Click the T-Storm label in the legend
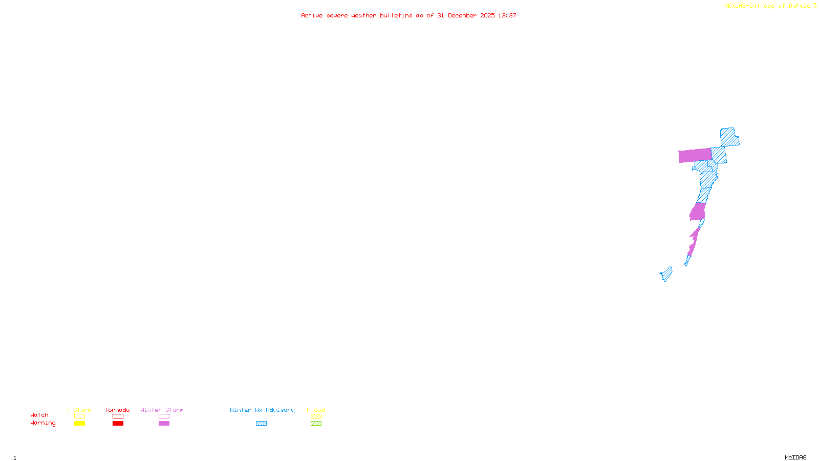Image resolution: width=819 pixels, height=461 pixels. [79, 410]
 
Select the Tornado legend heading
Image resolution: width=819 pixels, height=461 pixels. [117, 410]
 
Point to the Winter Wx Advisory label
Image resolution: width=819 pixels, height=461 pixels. [262, 410]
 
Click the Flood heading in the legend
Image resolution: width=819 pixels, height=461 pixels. [316, 410]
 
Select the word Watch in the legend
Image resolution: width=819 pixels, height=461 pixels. [39, 415]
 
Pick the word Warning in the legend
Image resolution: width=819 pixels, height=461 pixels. [42, 423]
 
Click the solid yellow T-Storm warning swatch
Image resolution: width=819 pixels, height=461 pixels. [79, 424]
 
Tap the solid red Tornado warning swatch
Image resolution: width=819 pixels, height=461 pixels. [118, 424]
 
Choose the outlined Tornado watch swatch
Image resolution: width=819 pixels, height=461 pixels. [118, 416]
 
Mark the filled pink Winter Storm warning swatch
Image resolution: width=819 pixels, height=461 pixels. [164, 424]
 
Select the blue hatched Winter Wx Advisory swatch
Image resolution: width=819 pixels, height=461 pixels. [261, 424]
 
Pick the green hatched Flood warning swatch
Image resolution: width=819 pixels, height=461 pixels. [316, 424]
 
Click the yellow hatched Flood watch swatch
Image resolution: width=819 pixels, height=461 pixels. [316, 416]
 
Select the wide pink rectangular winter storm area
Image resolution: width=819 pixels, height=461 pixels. [695, 155]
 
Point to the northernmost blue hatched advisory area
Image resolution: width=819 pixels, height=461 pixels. [728, 137]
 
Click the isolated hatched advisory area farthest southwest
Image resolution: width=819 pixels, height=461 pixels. [666, 274]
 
